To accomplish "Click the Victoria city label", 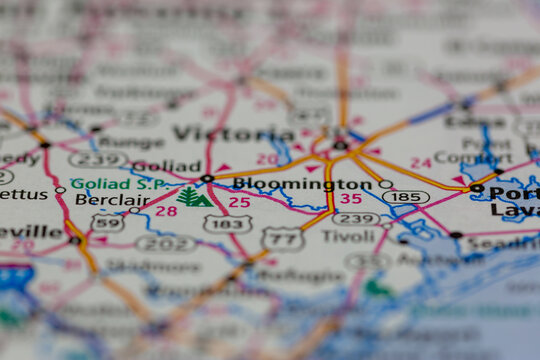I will pyautogui.click(x=234, y=133).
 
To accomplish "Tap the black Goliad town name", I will pyautogui.click(x=166, y=166).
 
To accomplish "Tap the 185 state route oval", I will pyautogui.click(x=405, y=197).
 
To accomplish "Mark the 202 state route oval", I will pyautogui.click(x=166, y=242).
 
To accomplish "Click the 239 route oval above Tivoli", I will pyautogui.click(x=356, y=218).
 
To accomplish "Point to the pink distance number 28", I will pyautogui.click(x=166, y=211).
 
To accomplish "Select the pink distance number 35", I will pyautogui.click(x=350, y=199).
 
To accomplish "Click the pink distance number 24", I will pyautogui.click(x=421, y=162).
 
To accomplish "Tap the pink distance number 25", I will pyautogui.click(x=239, y=202).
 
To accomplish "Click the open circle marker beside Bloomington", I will pyautogui.click(x=385, y=184).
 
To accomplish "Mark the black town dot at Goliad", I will pyautogui.click(x=207, y=179).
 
